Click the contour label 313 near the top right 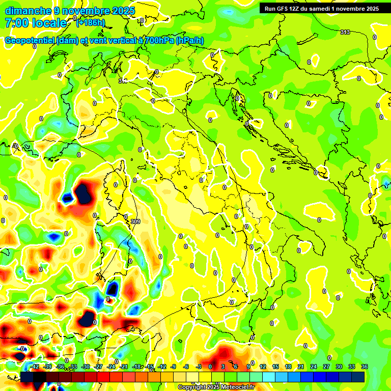coord(345,32)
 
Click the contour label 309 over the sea coord(135,221)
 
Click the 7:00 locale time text coord(36,23)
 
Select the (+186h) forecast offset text coord(91,23)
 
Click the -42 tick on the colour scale coord(35,367)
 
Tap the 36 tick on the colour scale coord(365,367)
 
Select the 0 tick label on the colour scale coord(210,367)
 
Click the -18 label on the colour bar coord(137,367)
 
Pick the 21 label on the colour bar coord(301,367)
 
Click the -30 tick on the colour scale coord(86,367)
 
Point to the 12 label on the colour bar coord(263,367)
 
